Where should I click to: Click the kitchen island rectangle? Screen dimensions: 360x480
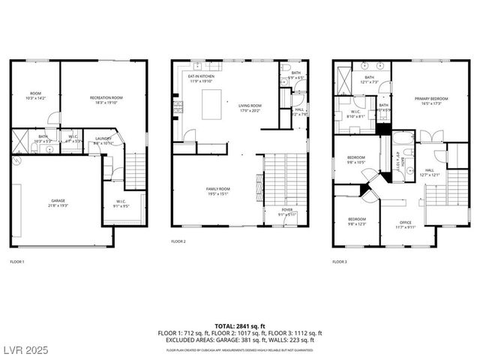(x=211, y=103)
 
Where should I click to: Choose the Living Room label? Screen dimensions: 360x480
(x=249, y=108)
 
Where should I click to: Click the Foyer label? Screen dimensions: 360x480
(x=287, y=211)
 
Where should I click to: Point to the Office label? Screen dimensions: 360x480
(x=406, y=223)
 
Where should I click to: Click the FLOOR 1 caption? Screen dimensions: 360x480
(x=17, y=262)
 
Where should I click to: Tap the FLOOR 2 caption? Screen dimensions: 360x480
(x=178, y=241)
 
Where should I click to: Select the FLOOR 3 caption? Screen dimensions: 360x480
(x=340, y=262)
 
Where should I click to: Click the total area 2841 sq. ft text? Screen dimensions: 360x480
(x=239, y=324)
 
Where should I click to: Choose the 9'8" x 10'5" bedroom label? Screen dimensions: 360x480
(x=356, y=160)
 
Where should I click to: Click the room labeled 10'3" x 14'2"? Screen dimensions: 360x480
(x=36, y=95)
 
